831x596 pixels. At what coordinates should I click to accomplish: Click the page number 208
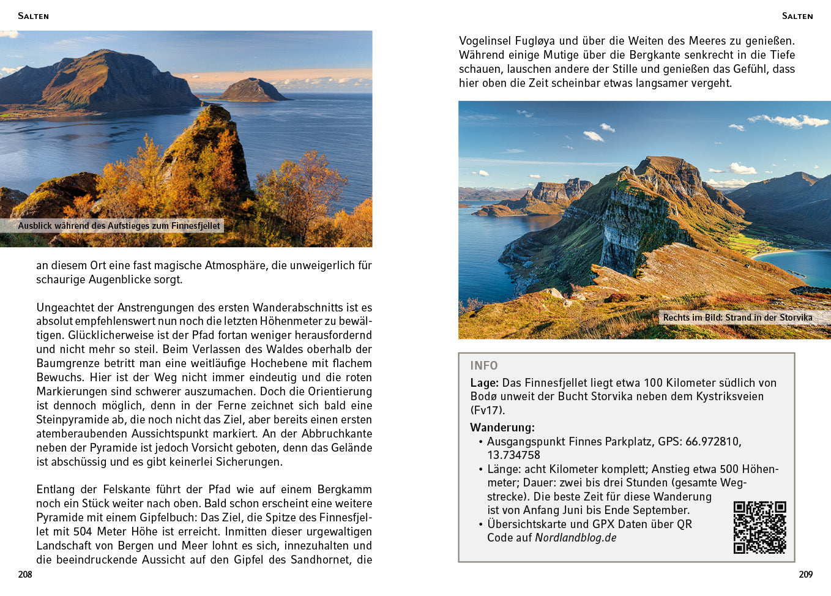coord(25,574)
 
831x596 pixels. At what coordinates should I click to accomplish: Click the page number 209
coord(805,574)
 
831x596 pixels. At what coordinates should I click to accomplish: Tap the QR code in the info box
coord(759,527)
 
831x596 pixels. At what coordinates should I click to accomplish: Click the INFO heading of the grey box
coord(483,365)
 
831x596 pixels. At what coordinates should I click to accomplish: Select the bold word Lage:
coord(484,382)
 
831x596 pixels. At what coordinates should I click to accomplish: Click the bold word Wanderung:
coord(502,427)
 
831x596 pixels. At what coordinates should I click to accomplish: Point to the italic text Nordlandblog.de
coord(575,538)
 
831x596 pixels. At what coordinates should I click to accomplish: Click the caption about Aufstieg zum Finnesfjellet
coord(119,226)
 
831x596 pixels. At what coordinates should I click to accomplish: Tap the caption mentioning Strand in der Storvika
coord(737,317)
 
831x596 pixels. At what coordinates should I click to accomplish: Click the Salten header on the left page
coord(33,16)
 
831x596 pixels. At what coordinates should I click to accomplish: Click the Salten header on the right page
coord(797,16)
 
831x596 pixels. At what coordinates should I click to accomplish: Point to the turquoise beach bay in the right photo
coord(796,263)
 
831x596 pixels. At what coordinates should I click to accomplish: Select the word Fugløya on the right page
coord(534,41)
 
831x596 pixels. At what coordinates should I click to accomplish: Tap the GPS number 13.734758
coord(513,455)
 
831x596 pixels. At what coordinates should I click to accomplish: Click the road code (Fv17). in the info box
coord(487,410)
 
